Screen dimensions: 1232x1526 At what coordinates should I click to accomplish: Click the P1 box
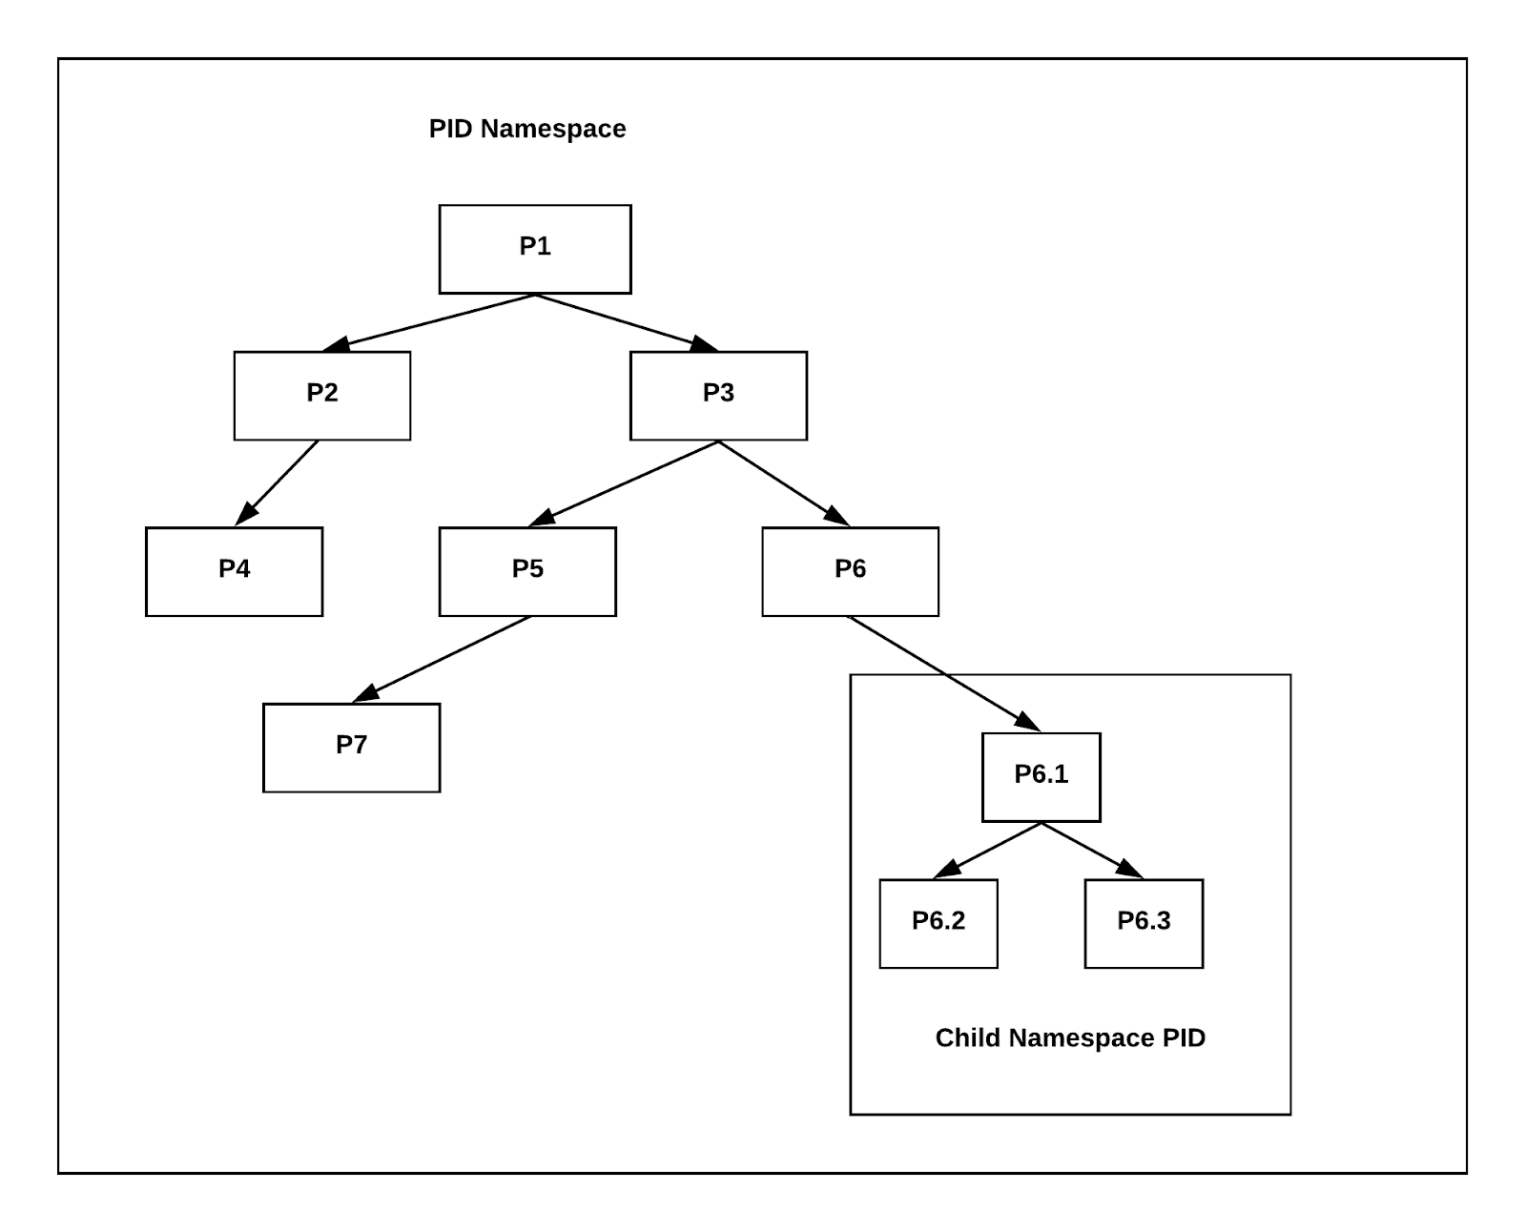(x=534, y=249)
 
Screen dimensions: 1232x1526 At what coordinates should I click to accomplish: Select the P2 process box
(x=321, y=396)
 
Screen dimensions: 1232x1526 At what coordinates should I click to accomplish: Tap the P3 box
(x=718, y=396)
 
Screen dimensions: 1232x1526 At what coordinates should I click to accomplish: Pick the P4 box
(x=234, y=571)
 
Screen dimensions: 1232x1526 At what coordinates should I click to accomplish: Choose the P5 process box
(x=527, y=571)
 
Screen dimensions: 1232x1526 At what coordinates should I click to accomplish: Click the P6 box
(x=850, y=571)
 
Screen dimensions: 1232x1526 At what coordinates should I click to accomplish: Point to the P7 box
(x=351, y=748)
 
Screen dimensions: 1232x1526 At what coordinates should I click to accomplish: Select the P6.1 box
(x=1041, y=777)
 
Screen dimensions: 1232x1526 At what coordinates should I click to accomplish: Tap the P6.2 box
(x=938, y=923)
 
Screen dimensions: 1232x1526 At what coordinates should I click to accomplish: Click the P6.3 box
(x=1144, y=923)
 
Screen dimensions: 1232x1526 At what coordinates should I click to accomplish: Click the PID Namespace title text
(x=527, y=129)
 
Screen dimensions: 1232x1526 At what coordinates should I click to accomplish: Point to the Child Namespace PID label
(x=1070, y=1037)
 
